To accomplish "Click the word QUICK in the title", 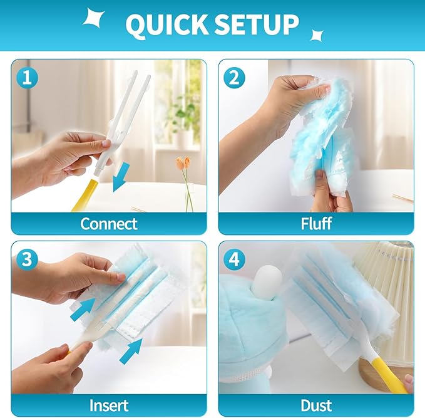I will coord(165,24).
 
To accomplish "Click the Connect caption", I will coord(109,223).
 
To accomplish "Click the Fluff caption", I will coord(315,223).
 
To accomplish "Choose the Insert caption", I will coord(109,405).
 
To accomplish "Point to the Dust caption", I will coord(315,405).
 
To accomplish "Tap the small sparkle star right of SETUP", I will coord(317,36).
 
